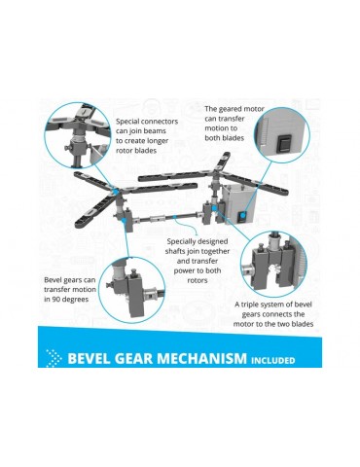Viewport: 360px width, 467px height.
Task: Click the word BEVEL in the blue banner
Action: click(86, 358)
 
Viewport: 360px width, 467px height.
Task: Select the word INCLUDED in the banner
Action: click(273, 360)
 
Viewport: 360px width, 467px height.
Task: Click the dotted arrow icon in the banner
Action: click(54, 358)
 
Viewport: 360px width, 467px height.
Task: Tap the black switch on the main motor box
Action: click(242, 217)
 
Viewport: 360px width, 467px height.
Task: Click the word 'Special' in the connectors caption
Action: click(127, 122)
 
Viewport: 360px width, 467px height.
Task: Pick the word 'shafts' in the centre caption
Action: click(175, 251)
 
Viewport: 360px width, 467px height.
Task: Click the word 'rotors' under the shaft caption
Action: click(198, 280)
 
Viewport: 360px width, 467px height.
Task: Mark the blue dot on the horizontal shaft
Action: click(175, 216)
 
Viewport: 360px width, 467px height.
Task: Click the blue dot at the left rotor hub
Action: click(114, 190)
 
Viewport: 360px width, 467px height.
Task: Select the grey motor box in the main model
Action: click(238, 203)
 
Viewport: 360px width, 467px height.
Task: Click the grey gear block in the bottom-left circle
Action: click(136, 295)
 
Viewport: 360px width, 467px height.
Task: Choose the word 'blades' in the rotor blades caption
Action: click(146, 151)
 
